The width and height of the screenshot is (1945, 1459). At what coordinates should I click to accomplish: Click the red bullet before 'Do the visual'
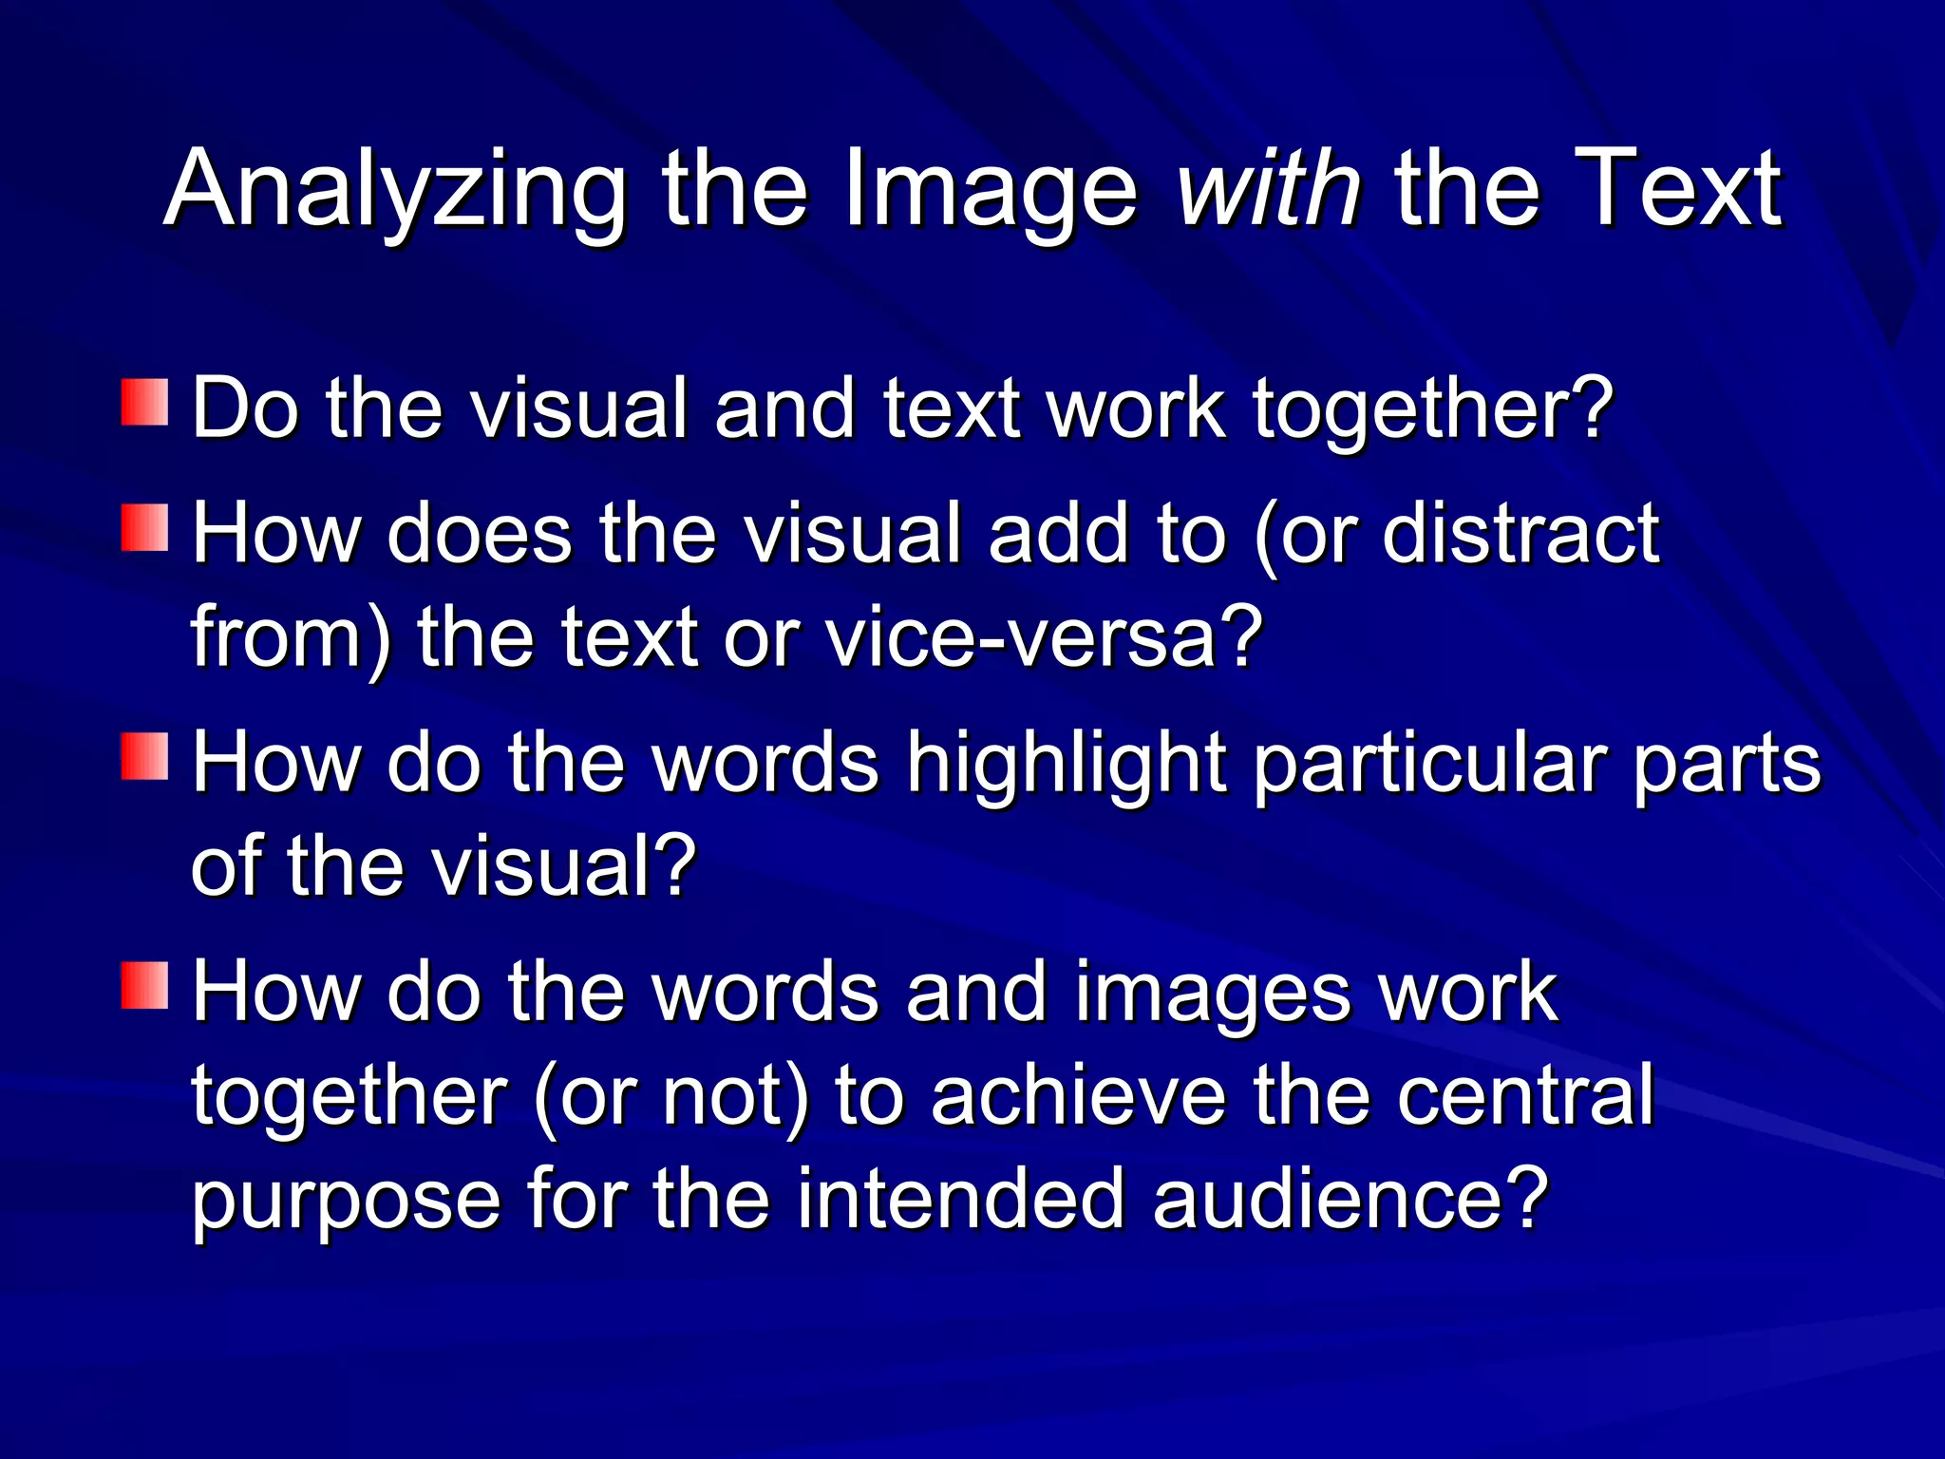point(144,403)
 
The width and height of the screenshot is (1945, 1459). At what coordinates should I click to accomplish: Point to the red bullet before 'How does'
point(144,528)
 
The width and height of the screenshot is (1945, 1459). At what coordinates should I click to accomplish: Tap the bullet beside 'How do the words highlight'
point(144,757)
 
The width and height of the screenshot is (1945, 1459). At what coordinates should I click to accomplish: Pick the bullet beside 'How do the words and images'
point(144,985)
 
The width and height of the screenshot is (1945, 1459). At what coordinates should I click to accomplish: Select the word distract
point(1520,533)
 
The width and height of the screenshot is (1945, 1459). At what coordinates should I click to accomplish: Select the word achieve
point(1078,1096)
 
